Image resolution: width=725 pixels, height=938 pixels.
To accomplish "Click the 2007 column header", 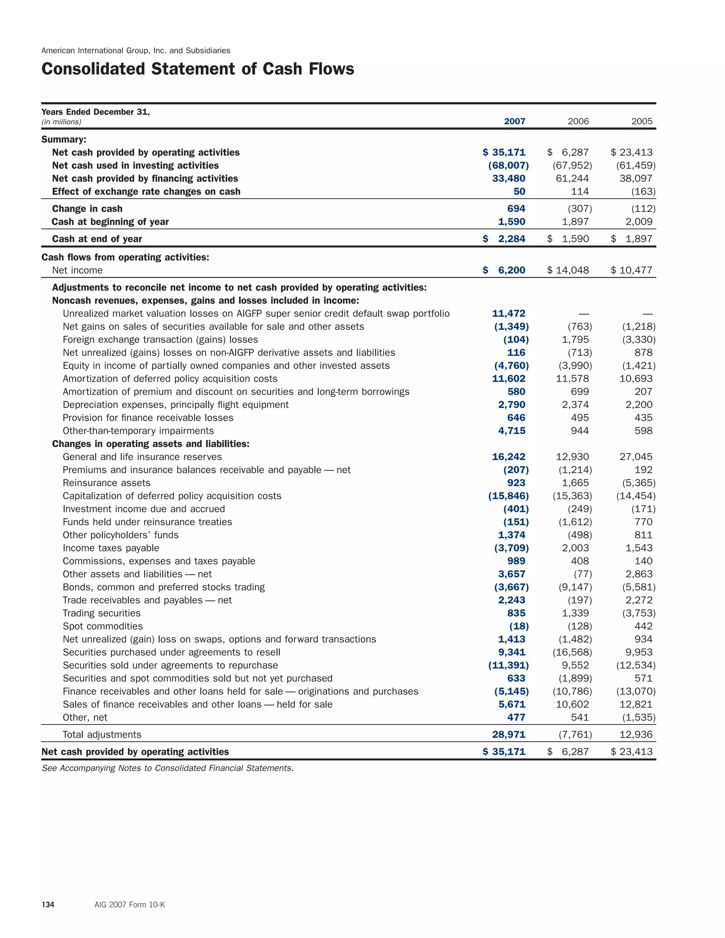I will pyautogui.click(x=514, y=121).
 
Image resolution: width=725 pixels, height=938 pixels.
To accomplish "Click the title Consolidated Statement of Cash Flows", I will pyautogui.click(x=198, y=69).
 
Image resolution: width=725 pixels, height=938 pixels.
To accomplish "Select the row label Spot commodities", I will pyautogui.click(x=103, y=626).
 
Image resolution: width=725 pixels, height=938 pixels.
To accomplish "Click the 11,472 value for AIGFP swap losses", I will pyautogui.click(x=509, y=314).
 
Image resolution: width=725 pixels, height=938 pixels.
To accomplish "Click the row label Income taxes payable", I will pyautogui.click(x=111, y=548).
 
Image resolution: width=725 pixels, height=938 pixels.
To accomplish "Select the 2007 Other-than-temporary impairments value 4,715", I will pyautogui.click(x=512, y=431).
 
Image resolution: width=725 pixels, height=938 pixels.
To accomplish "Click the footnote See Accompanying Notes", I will pyautogui.click(x=167, y=768).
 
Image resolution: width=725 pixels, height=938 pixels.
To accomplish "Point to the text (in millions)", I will pyautogui.click(x=61, y=122).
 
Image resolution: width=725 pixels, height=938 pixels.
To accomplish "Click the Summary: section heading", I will pyautogui.click(x=64, y=139).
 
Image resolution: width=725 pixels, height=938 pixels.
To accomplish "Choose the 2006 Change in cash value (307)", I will pyautogui.click(x=580, y=209).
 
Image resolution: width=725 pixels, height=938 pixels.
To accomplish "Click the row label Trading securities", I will pyautogui.click(x=101, y=613).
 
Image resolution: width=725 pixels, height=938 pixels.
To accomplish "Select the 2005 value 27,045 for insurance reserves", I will pyautogui.click(x=636, y=457).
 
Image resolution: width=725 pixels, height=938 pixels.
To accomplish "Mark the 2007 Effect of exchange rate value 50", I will pyautogui.click(x=519, y=191).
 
